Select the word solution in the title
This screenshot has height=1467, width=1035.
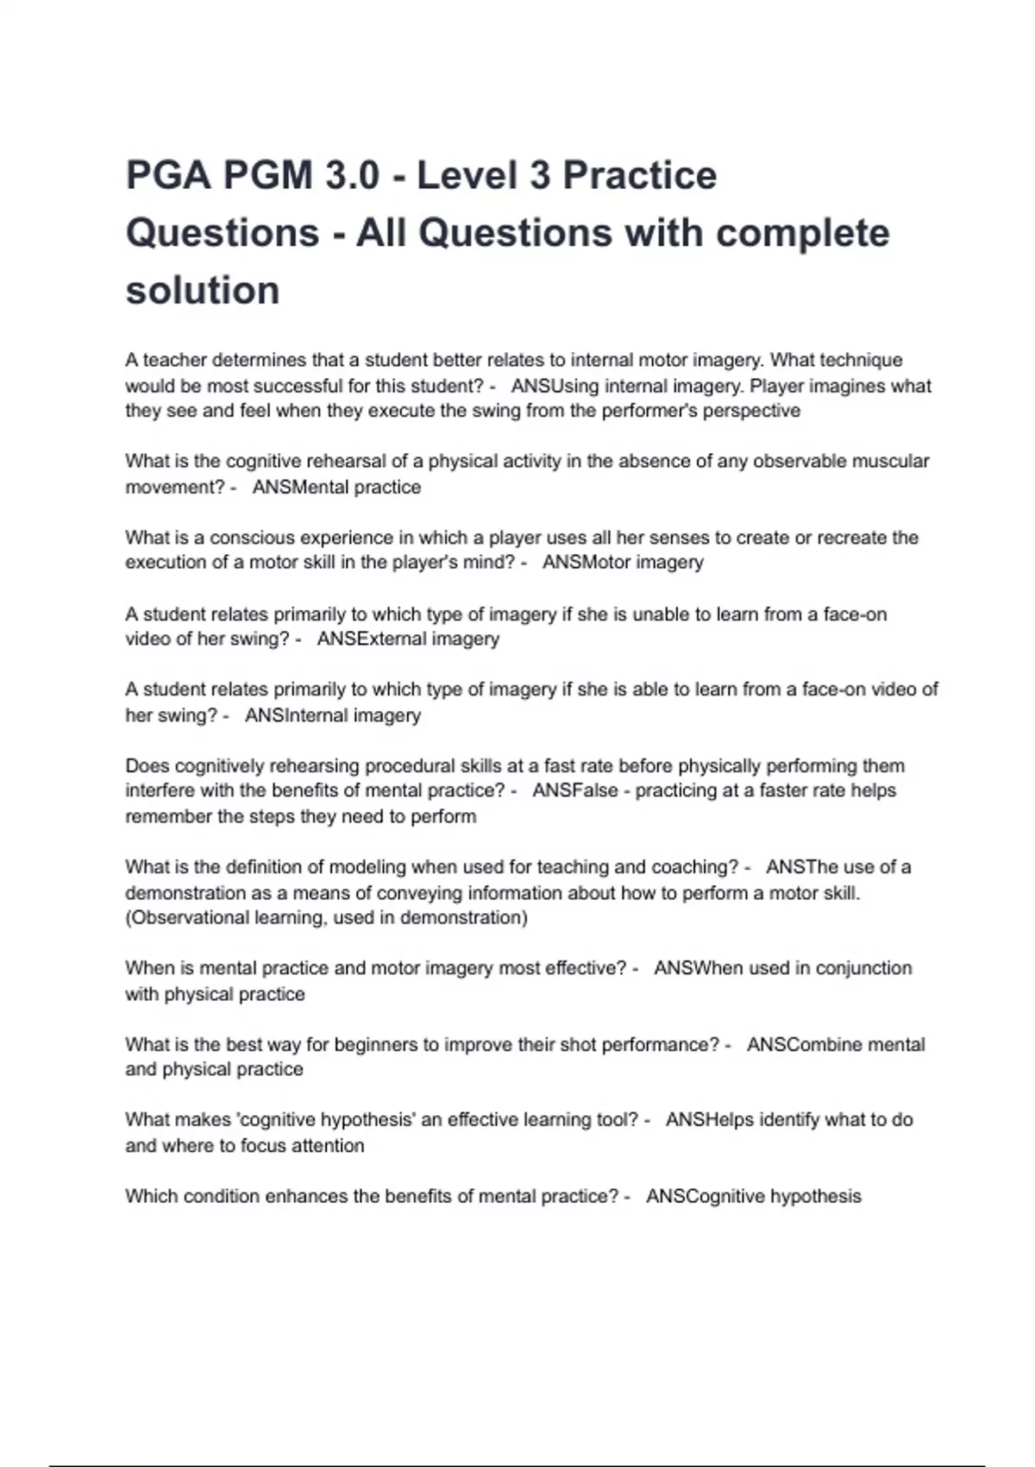point(203,290)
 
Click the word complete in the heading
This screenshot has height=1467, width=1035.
point(803,233)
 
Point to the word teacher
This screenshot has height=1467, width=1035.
point(174,360)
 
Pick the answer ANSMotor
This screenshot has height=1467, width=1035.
point(587,563)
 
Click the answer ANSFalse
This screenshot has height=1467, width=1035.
point(575,790)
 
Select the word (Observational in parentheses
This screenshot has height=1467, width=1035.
point(182,917)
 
